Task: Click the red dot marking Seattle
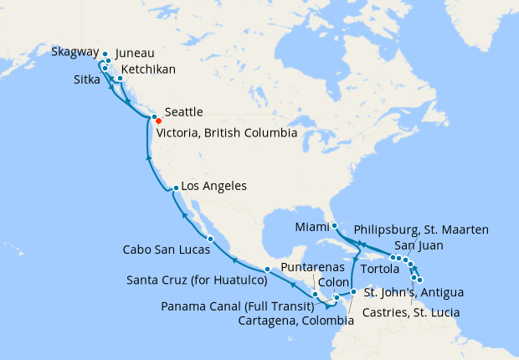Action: tap(158, 120)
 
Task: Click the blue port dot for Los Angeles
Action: tap(175, 188)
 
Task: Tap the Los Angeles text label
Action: tap(213, 186)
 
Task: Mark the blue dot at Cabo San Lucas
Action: tap(210, 239)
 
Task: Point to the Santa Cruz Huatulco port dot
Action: tap(267, 269)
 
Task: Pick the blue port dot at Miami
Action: tap(333, 225)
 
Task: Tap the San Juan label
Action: tap(415, 244)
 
